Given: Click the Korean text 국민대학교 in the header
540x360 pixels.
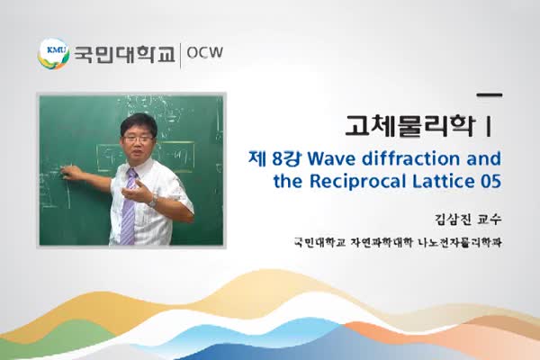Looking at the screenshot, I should click(124, 54).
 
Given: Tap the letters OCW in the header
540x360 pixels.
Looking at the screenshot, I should click(204, 54).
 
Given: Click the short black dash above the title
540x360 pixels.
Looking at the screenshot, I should click(488, 94).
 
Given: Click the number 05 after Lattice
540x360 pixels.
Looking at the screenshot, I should click(490, 180).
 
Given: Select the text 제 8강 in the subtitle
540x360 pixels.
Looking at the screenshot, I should click(273, 158).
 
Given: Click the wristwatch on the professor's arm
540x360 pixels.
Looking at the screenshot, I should click(154, 202).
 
